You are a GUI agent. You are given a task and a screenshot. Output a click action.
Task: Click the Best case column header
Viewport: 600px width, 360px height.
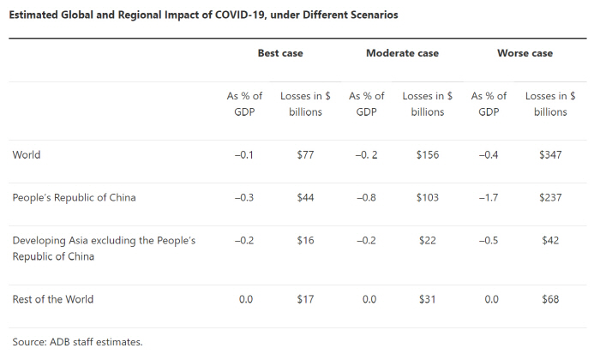(280, 53)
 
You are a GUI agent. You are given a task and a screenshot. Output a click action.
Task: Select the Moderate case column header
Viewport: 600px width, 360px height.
(402, 53)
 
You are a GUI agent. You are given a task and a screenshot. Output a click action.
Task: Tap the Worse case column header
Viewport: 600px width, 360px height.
(525, 53)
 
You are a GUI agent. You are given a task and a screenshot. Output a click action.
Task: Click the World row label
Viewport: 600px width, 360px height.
(27, 155)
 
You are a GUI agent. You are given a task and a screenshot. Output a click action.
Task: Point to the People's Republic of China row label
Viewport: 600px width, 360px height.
(74, 197)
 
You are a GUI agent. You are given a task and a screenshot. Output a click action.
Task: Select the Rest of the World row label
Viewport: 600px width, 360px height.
(53, 299)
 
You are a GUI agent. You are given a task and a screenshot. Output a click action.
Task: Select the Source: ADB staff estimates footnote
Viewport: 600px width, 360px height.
(78, 341)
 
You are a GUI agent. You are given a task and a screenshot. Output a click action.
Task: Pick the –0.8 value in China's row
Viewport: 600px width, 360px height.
(366, 197)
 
